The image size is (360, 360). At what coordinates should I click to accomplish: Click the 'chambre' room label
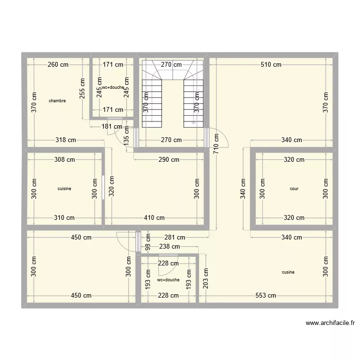[57, 101]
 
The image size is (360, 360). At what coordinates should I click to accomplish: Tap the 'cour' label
[294, 189]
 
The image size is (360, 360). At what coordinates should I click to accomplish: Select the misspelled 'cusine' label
[288, 272]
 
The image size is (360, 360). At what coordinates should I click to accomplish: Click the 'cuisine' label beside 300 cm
[64, 189]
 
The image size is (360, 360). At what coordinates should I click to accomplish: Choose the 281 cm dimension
[174, 237]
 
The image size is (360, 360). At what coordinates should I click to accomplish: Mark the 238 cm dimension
[169, 247]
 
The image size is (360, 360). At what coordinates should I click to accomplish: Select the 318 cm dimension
[65, 140]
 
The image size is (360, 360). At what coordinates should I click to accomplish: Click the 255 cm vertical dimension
[82, 88]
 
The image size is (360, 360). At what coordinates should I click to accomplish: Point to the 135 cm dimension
[127, 136]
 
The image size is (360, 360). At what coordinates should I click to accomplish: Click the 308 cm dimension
[64, 160]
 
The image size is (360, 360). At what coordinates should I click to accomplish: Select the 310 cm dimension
[64, 217]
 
